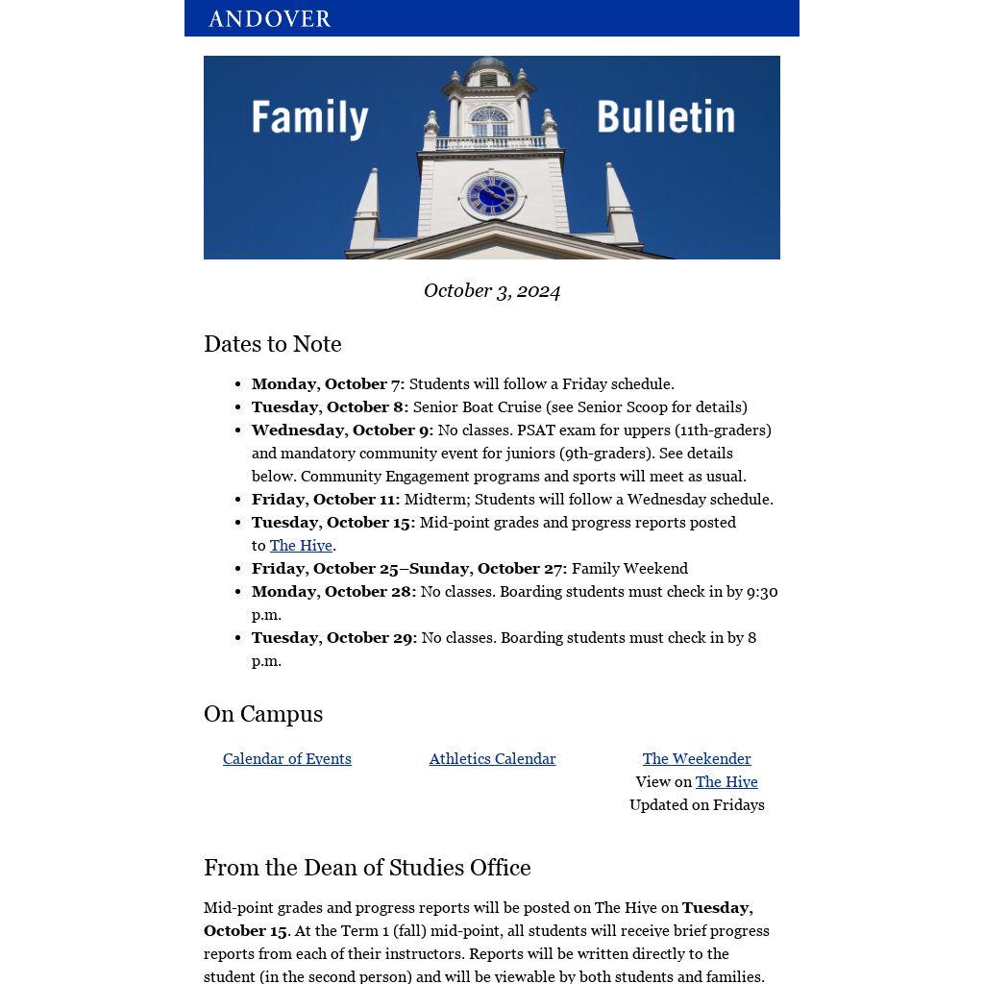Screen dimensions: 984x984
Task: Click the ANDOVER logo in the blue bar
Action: [x=269, y=19]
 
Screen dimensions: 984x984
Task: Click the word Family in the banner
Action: [x=309, y=118]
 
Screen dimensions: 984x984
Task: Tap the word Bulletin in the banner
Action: [x=665, y=117]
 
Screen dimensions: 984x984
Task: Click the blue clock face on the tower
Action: [x=492, y=196]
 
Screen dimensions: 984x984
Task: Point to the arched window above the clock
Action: [x=489, y=122]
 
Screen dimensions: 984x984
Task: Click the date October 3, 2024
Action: [x=492, y=291]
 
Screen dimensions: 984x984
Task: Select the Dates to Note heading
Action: [x=273, y=344]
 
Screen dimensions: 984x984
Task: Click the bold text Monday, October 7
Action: [x=328, y=384]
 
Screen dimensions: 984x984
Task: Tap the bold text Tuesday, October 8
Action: [x=330, y=407]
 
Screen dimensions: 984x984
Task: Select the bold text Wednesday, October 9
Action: [x=342, y=430]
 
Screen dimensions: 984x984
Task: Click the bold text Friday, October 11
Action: [x=325, y=500]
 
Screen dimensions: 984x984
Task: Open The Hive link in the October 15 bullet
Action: [x=301, y=546]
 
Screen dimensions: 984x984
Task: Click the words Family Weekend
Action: [x=629, y=569]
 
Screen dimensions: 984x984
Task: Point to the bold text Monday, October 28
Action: [x=333, y=592]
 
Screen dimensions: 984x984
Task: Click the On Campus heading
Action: [x=263, y=714]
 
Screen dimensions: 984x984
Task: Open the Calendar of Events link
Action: [x=287, y=759]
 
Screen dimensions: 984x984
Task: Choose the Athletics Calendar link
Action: [x=492, y=759]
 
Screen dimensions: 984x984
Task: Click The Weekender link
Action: [x=697, y=759]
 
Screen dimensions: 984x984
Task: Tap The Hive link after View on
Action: [x=726, y=782]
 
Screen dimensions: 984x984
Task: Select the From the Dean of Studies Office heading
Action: [x=367, y=868]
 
